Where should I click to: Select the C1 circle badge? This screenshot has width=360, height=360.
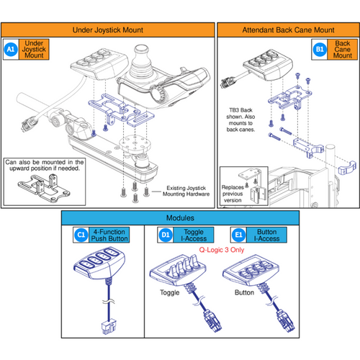point(81,235)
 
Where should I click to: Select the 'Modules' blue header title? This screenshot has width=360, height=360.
point(179,217)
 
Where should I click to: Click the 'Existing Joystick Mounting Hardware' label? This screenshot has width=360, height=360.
point(186,189)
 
